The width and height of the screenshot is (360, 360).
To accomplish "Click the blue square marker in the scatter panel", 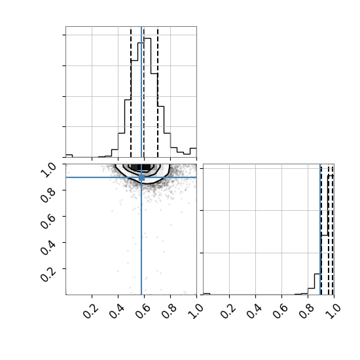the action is (141, 177).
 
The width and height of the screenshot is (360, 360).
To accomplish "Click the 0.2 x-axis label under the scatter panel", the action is (91, 312).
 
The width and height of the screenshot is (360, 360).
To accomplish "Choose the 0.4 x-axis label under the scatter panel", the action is (117, 312).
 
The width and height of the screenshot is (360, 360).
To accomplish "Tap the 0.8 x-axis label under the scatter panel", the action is (170, 312).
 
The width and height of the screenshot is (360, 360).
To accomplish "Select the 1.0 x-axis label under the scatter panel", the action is (196, 312).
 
